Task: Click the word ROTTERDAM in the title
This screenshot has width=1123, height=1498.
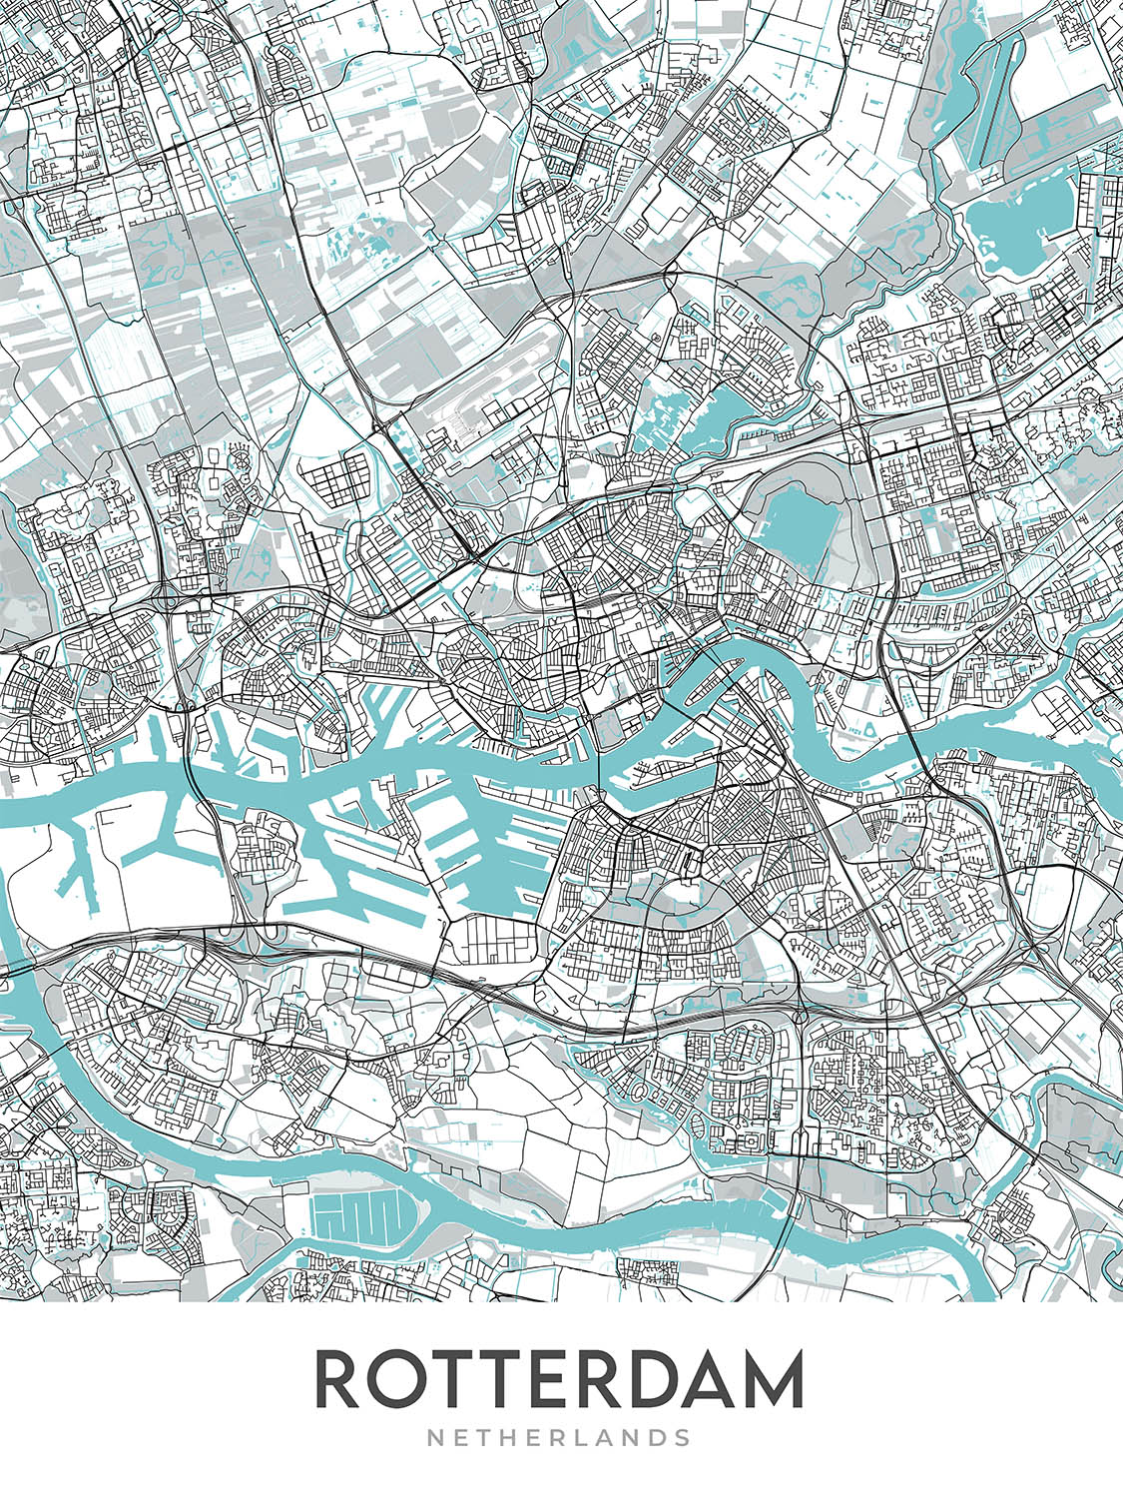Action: click(x=559, y=1379)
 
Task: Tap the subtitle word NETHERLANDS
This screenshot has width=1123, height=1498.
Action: click(x=559, y=1438)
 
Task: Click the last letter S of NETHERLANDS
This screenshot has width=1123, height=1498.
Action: click(x=682, y=1438)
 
